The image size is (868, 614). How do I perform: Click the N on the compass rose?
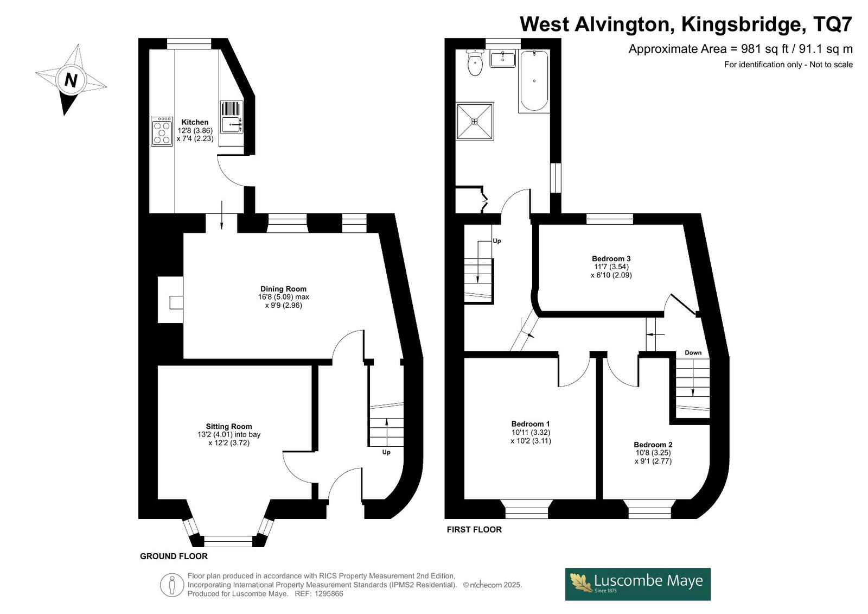click(x=71, y=80)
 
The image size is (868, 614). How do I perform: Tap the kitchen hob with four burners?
click(x=162, y=131)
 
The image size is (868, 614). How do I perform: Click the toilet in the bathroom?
click(x=475, y=62)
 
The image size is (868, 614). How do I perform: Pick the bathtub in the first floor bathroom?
click(x=534, y=81)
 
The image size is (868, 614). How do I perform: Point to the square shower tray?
click(x=475, y=122)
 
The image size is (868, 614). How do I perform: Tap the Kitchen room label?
click(x=195, y=122)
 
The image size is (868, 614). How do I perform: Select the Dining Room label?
click(x=283, y=289)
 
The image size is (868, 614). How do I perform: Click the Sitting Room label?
click(x=228, y=426)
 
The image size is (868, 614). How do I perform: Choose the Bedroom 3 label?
click(x=611, y=259)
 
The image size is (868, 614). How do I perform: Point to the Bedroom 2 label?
click(x=653, y=445)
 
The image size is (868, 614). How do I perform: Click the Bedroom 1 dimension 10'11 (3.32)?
click(x=531, y=433)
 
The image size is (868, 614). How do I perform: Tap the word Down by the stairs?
click(x=693, y=352)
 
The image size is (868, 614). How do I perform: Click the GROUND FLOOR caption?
click(x=174, y=556)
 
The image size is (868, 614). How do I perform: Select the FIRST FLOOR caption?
click(x=474, y=529)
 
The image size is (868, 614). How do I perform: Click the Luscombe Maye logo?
click(x=637, y=584)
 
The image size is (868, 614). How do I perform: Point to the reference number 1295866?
click(x=329, y=594)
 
